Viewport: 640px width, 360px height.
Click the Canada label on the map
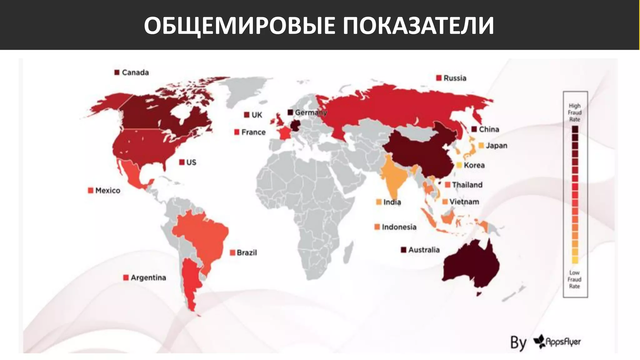pos(135,72)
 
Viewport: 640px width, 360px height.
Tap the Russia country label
pos(455,78)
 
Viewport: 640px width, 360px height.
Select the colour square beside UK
pos(247,115)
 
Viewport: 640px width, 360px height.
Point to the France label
pos(253,132)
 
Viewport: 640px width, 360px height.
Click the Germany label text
pos(311,112)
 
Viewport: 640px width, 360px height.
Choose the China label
pos(489,129)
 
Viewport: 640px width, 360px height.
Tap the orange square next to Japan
pos(481,146)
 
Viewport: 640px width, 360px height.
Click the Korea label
pos(474,165)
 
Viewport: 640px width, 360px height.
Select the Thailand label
pos(467,185)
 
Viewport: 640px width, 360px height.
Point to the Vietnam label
pos(464,202)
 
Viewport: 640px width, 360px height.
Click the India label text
pos(392,202)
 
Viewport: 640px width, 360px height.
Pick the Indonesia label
pos(399,227)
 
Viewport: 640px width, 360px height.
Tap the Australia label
pos(424,250)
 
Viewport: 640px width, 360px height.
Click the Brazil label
pos(247,252)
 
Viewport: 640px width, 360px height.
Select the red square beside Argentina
pos(126,277)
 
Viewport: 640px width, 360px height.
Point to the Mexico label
pos(107,191)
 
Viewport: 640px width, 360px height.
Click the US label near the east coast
pos(191,162)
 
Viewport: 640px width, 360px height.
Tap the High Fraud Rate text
pos(575,112)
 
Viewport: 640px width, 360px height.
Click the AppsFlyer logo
pos(557,342)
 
